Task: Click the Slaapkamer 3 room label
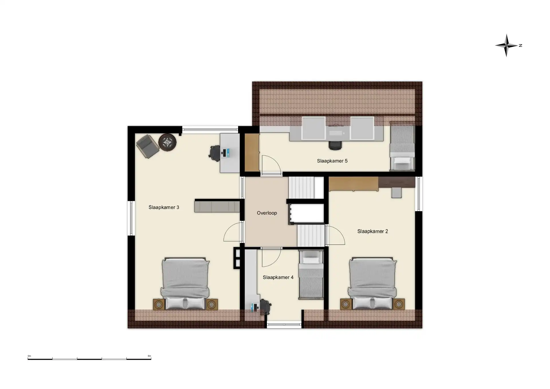(164, 207)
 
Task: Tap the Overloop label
(267, 213)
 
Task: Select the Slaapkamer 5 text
(332, 161)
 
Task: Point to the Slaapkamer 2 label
(372, 231)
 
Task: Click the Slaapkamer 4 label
(278, 277)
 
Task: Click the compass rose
(507, 45)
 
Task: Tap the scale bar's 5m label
(149, 356)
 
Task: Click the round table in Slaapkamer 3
(168, 142)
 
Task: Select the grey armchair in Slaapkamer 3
(148, 146)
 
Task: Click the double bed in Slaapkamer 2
(372, 283)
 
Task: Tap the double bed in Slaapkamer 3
(185, 284)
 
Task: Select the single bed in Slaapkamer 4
(311, 274)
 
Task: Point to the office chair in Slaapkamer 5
(335, 145)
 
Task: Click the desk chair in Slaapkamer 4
(265, 307)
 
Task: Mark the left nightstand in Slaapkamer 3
(159, 304)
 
